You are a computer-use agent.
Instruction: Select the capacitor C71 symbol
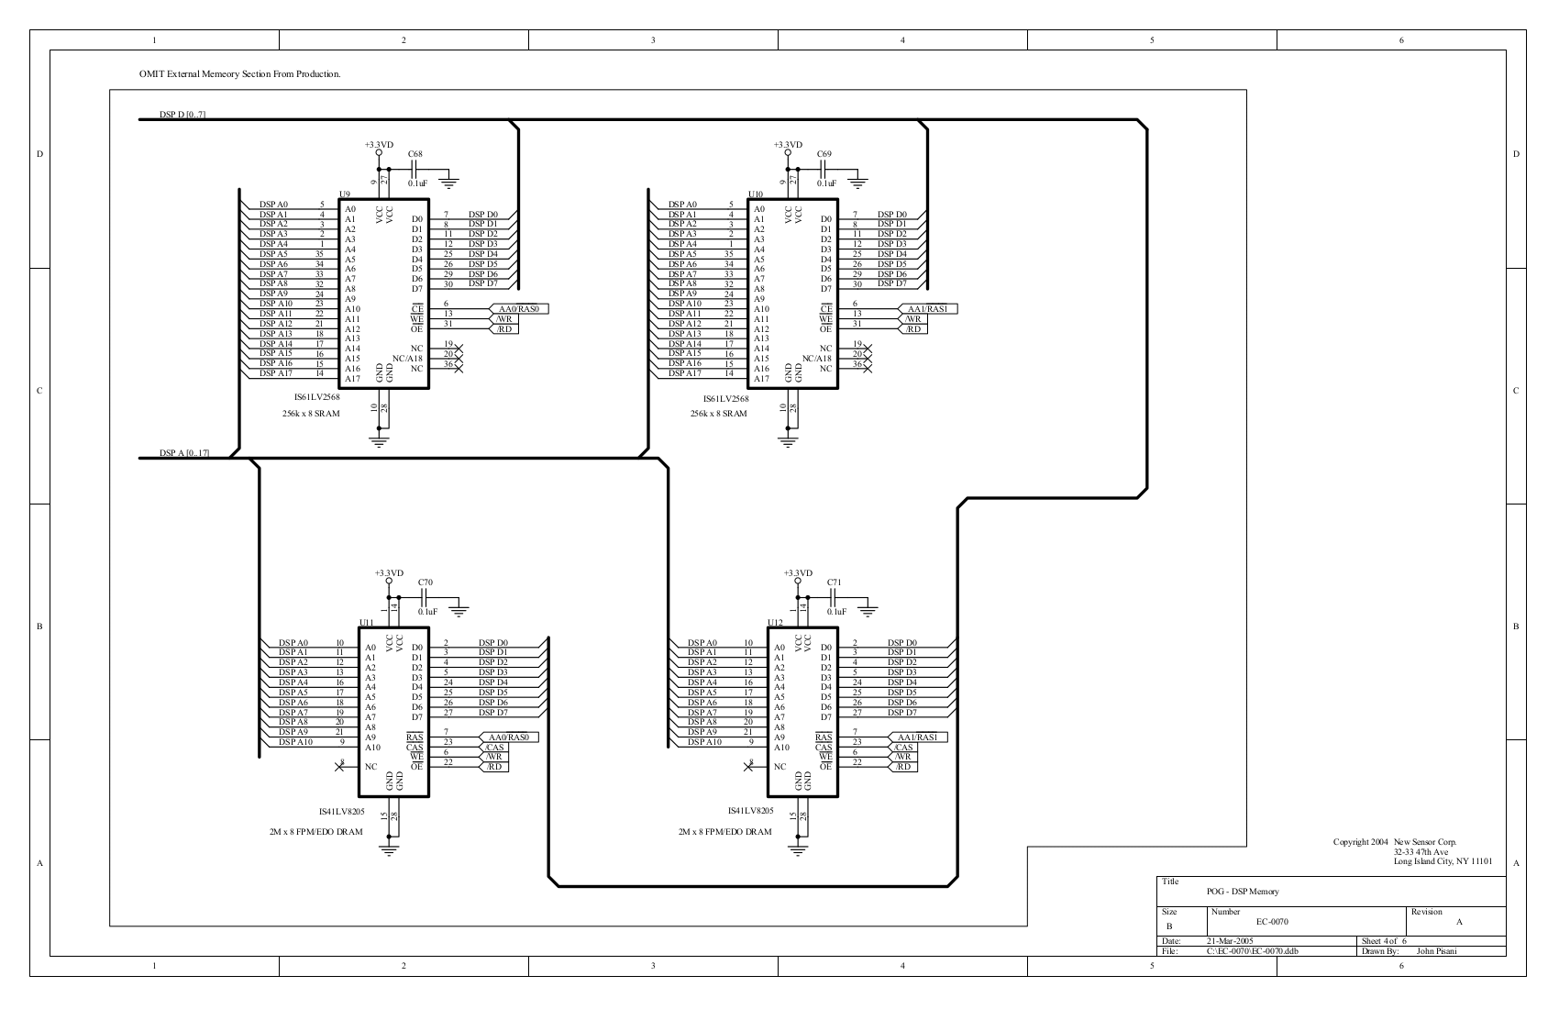tap(834, 597)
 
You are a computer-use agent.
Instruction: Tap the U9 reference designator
tap(345, 194)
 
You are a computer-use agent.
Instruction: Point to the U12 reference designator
tap(775, 623)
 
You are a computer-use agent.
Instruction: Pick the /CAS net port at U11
tap(493, 748)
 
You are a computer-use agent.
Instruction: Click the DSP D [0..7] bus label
tap(182, 115)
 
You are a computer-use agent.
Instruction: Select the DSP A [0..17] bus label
tap(184, 453)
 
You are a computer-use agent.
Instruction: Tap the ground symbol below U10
tap(787, 442)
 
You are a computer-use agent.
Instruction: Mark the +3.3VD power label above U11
tap(389, 573)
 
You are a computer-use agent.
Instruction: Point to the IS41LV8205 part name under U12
tap(750, 812)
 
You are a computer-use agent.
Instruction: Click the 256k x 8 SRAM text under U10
tap(718, 414)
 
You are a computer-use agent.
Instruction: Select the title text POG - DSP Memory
tap(1243, 892)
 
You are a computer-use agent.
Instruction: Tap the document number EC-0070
tap(1272, 922)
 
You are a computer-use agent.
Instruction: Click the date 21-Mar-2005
tap(1230, 941)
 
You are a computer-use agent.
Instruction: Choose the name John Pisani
tap(1436, 951)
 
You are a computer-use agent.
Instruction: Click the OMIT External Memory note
tap(240, 73)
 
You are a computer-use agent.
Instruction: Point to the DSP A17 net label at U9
tap(274, 373)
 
